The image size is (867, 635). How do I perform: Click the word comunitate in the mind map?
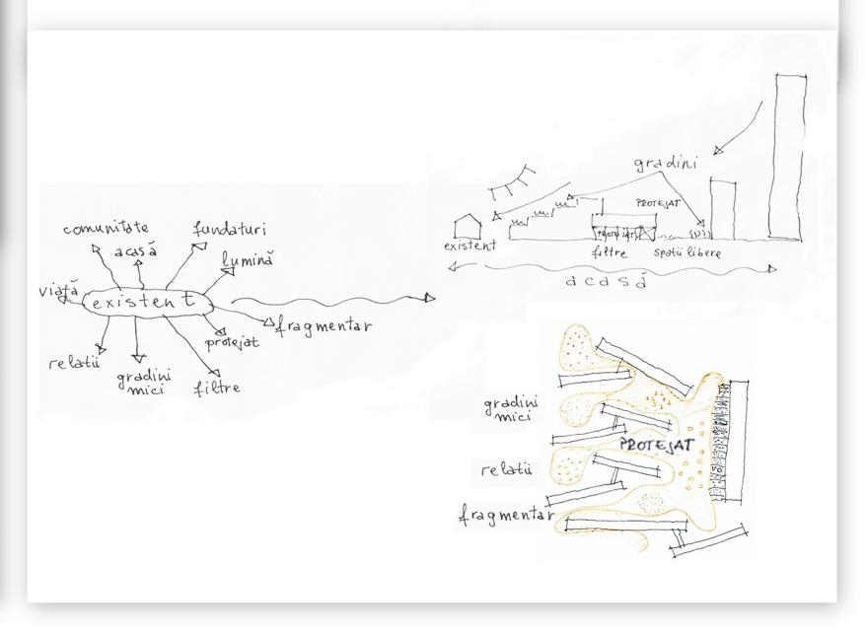(106, 229)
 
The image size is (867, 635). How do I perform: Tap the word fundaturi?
(229, 230)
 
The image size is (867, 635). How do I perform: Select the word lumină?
(247, 260)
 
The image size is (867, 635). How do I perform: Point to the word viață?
(58, 291)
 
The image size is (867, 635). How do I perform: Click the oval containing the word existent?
(148, 303)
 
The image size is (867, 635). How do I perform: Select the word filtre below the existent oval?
(217, 388)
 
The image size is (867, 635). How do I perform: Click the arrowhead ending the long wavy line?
(429, 297)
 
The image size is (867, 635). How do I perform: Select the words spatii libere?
(690, 253)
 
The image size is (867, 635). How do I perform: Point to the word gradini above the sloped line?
(665, 164)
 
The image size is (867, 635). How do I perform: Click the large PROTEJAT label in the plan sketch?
(650, 446)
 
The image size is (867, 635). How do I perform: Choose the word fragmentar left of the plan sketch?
(506, 515)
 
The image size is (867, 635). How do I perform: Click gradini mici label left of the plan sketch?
(511, 409)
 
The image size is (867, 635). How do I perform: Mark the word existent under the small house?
(470, 247)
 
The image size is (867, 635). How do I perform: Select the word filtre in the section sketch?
(609, 253)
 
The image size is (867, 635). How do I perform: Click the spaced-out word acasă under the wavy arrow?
(607, 282)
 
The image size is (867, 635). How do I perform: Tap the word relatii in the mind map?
(74, 363)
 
